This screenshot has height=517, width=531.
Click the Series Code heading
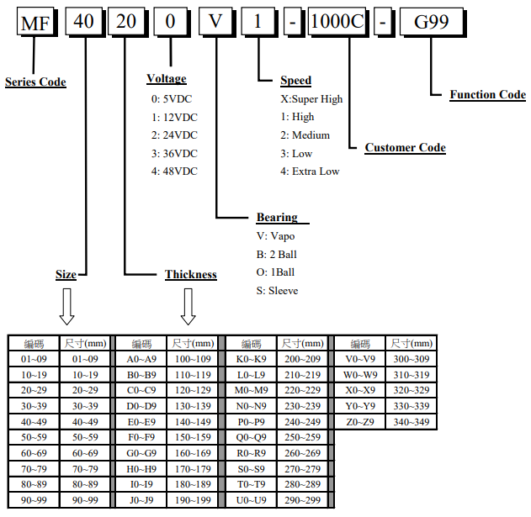[35, 82]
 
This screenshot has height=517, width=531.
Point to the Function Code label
[487, 94]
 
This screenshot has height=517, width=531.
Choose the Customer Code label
[405, 148]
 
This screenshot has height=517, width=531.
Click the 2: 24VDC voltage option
[174, 135]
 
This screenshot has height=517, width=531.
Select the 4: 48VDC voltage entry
[174, 171]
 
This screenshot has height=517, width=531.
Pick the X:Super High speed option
[311, 99]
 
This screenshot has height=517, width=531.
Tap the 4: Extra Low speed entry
[310, 171]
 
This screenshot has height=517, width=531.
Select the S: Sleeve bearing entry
[277, 291]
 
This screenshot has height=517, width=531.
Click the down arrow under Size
[66, 307]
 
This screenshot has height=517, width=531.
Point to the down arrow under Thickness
[189, 307]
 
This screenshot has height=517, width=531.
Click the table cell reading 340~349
[412, 421]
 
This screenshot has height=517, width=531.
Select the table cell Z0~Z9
[360, 421]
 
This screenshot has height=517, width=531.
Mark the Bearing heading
[277, 218]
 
